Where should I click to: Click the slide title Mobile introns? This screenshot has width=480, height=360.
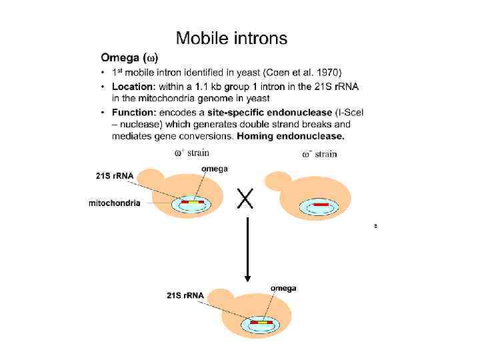[x=231, y=38]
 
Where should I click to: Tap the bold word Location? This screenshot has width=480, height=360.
[x=134, y=86]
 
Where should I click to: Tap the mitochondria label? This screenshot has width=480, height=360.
[x=115, y=203]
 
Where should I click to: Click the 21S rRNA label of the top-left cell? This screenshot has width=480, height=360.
[x=115, y=175]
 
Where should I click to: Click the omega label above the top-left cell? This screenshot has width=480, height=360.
[x=214, y=169]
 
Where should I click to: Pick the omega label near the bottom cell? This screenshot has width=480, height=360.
[x=283, y=288]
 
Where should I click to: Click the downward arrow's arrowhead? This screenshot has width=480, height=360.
[x=247, y=276]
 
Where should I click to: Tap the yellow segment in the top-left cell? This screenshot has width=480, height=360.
[x=192, y=202]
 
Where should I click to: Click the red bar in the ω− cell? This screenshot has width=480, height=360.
[x=321, y=204]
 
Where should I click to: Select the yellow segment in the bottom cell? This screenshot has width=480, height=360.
[x=262, y=323]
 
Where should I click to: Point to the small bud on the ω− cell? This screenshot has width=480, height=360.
[x=274, y=181]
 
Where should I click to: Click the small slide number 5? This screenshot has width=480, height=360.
[x=375, y=227]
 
